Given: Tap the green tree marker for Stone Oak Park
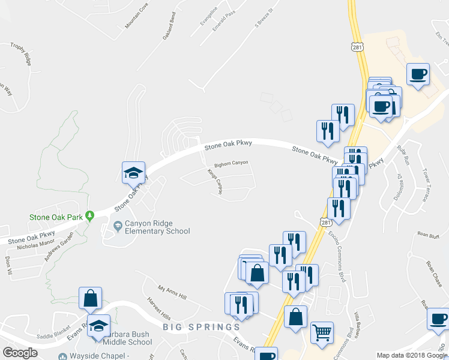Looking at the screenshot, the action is pos(89,215).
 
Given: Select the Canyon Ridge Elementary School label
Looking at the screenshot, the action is pos(157,227).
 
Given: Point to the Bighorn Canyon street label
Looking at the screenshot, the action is pos(231,163).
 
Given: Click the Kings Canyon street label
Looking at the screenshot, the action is pos(215,181).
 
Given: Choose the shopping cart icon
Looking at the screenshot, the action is pos(322,331).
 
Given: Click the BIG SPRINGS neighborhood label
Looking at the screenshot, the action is pos(201,327).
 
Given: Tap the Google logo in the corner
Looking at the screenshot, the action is pos(20,352).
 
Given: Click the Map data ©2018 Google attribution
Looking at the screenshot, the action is pos(412,355).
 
